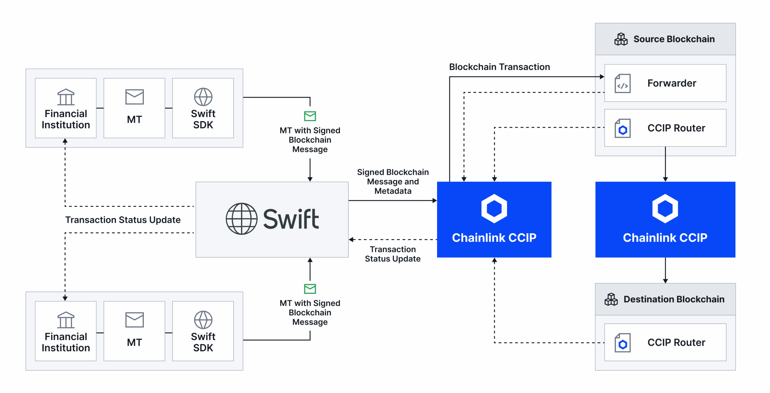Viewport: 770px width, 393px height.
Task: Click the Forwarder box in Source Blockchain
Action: pyautogui.click(x=665, y=83)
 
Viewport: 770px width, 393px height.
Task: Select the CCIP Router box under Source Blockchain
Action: pyautogui.click(x=665, y=128)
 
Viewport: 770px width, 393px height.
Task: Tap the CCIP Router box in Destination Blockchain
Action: pyautogui.click(x=665, y=342)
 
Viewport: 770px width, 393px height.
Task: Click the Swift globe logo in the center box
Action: pyautogui.click(x=241, y=219)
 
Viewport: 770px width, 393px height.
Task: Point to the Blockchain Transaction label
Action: pyautogui.click(x=499, y=67)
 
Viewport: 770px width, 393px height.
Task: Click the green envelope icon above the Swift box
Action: pyautogui.click(x=310, y=116)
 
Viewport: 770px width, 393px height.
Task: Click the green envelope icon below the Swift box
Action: pyautogui.click(x=310, y=289)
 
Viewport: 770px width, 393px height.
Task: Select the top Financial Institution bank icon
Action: pyautogui.click(x=66, y=97)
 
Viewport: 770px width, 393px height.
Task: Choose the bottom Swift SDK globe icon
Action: pyautogui.click(x=203, y=320)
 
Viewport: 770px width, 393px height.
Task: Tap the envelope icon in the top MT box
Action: pyautogui.click(x=134, y=97)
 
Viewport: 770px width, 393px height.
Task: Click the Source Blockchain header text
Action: pyautogui.click(x=674, y=39)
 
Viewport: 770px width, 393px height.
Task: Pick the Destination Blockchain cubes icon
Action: pyautogui.click(x=611, y=299)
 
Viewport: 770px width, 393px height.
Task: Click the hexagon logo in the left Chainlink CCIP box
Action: pyautogui.click(x=494, y=208)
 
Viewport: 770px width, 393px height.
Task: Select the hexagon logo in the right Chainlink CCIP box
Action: pyautogui.click(x=665, y=208)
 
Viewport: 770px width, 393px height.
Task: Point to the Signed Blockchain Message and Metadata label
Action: pyautogui.click(x=393, y=181)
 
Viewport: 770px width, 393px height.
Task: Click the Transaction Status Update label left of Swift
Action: pyautogui.click(x=123, y=220)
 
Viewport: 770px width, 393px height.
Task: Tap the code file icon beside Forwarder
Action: pyautogui.click(x=622, y=84)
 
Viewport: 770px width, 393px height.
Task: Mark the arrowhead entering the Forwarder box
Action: pyautogui.click(x=602, y=77)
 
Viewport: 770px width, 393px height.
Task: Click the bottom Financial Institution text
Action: pyautogui.click(x=66, y=342)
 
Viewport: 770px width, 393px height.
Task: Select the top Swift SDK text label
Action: pyautogui.click(x=203, y=119)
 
